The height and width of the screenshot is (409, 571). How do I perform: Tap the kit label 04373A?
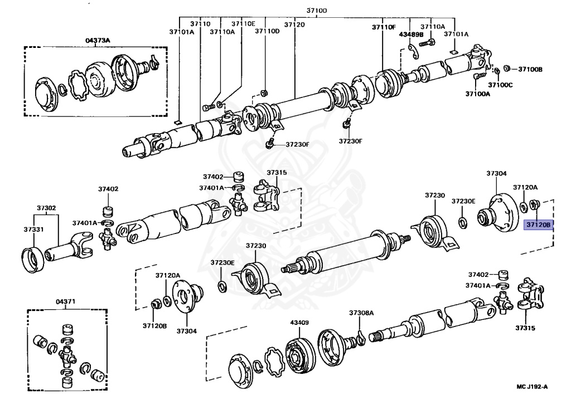point(98,40)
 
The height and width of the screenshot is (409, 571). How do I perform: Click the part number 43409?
point(299,323)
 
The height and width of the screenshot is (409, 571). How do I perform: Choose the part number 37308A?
point(361,313)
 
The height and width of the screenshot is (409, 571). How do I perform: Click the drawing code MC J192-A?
point(532,386)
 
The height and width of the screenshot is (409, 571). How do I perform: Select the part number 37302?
point(47,208)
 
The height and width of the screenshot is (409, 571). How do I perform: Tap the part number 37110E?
point(243,24)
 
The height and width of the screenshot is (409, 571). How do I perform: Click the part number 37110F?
point(384,27)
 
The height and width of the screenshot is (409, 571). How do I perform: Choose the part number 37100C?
point(500,85)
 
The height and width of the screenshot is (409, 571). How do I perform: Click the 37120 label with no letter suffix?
point(294,25)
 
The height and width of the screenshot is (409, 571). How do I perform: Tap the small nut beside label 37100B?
point(506,69)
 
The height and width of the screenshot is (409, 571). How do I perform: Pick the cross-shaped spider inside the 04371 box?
point(67,353)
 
